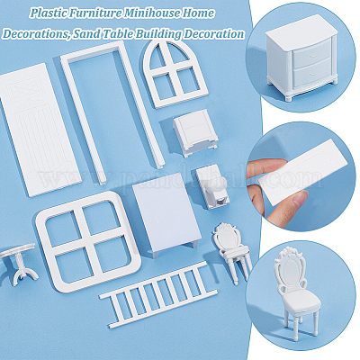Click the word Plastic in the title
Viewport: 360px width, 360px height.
tap(49, 13)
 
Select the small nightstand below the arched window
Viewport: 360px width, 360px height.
tap(195, 132)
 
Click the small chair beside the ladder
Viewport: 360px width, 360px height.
tap(231, 253)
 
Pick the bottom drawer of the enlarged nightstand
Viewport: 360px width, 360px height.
tap(312, 74)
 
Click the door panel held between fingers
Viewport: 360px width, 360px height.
tap(303, 172)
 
